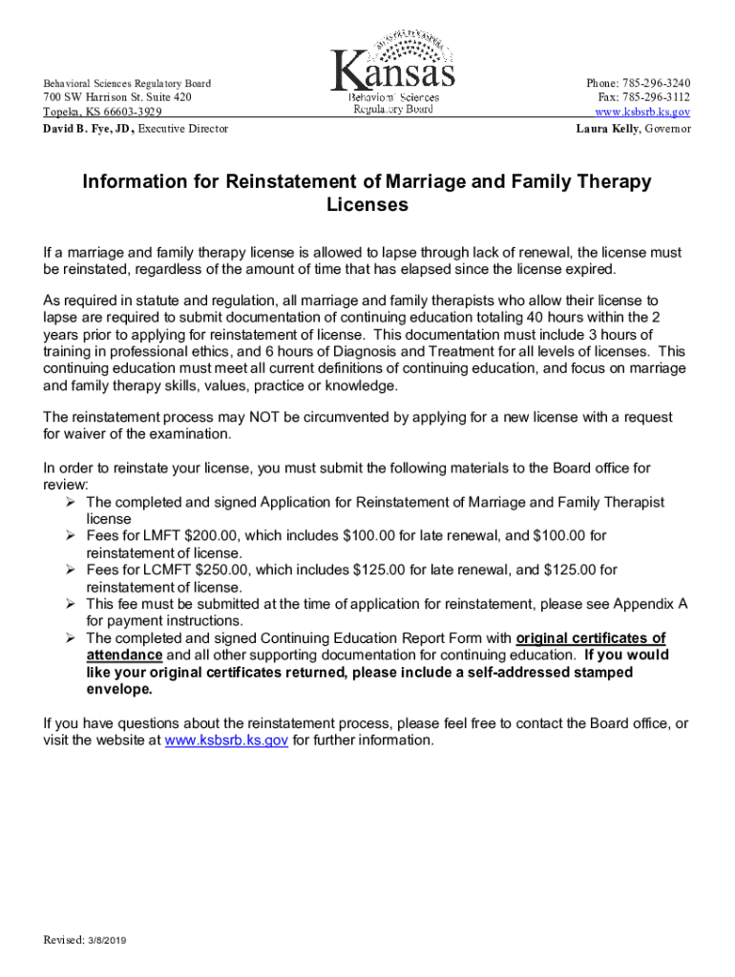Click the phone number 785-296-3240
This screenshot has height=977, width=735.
pyautogui.click(x=654, y=83)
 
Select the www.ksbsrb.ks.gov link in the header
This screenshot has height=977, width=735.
pyautogui.click(x=642, y=113)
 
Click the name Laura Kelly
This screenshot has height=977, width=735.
pyautogui.click(x=607, y=129)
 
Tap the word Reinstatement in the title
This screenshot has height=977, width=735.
pyautogui.click(x=299, y=181)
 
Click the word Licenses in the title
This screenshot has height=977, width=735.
pyautogui.click(x=367, y=204)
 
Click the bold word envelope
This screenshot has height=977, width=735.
pyautogui.click(x=118, y=689)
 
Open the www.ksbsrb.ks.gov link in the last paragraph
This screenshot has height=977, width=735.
pyautogui.click(x=226, y=739)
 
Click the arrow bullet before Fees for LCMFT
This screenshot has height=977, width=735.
pyautogui.click(x=70, y=570)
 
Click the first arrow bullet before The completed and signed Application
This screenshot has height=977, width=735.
pyautogui.click(x=70, y=502)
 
